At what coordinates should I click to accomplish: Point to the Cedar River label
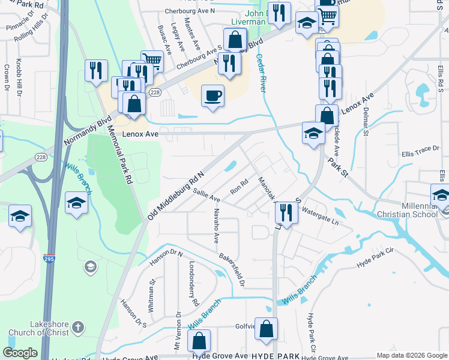pos(262,72)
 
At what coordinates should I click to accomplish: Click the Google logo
pos(20,353)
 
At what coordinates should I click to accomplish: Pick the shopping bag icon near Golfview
pos(267,329)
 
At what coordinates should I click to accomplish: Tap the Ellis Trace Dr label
pos(421,149)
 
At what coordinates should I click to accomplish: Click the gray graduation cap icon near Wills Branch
pos(90,266)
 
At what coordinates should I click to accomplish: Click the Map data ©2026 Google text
pos(411,355)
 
